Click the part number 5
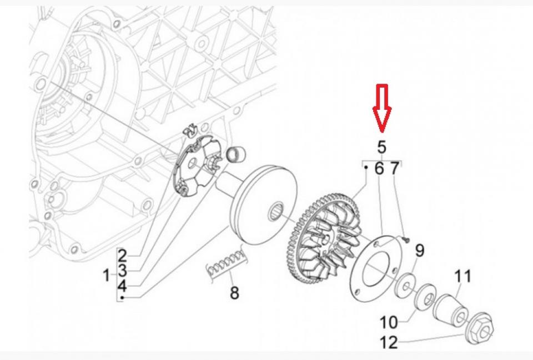pyautogui.click(x=381, y=147)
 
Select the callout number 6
pyautogui.click(x=379, y=169)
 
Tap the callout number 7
pyautogui.click(x=394, y=169)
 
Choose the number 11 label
pyautogui.click(x=462, y=276)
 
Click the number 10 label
pyautogui.click(x=389, y=322)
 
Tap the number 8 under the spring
pyautogui.click(x=234, y=292)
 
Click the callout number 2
pyautogui.click(x=122, y=256)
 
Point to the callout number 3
pyautogui.click(x=122, y=271)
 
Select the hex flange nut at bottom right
pyautogui.click(x=481, y=330)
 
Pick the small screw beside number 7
pyautogui.click(x=406, y=239)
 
